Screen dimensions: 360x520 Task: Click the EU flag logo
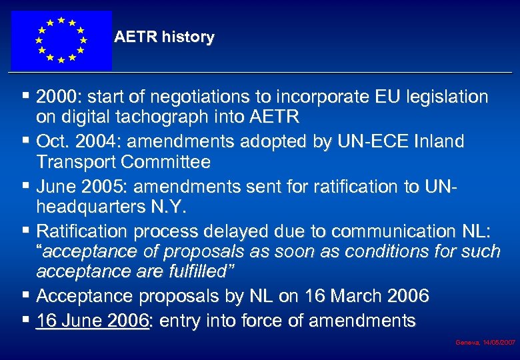[61, 40]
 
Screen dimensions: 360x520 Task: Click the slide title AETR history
[164, 37]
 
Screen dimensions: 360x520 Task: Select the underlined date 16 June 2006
[93, 321]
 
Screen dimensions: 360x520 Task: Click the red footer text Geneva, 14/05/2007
[485, 342]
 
